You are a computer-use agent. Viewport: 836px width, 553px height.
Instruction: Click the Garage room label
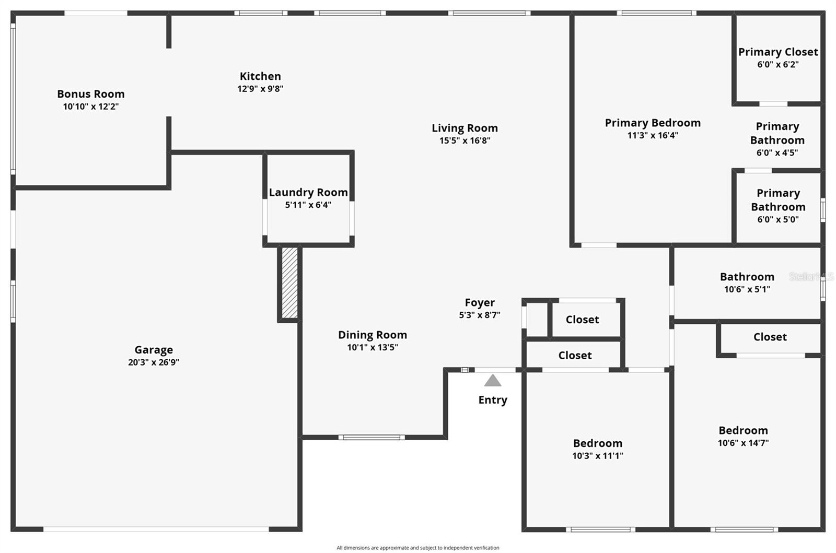click(154, 350)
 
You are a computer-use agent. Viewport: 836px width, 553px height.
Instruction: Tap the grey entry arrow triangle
click(493, 381)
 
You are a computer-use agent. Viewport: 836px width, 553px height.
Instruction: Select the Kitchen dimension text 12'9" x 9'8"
click(261, 89)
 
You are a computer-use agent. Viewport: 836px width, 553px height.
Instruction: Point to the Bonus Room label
click(91, 94)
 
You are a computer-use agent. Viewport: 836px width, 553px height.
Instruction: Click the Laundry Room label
click(308, 192)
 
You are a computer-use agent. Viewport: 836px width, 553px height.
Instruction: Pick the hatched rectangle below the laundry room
click(289, 283)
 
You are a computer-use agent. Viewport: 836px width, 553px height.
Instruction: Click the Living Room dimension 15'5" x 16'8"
click(465, 140)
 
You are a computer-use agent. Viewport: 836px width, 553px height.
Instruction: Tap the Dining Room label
click(373, 335)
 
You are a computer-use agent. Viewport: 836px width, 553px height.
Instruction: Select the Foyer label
click(480, 302)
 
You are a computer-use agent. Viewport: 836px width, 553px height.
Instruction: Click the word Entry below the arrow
click(493, 400)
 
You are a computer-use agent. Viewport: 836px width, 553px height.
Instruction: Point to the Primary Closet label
click(778, 52)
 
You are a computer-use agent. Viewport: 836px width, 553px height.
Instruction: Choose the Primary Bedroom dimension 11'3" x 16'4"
click(653, 135)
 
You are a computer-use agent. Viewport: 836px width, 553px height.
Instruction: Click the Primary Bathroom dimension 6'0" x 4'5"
click(777, 153)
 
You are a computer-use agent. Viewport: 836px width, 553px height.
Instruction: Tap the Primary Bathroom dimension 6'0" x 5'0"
click(778, 220)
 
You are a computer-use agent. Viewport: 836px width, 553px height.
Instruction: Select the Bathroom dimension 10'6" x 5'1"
click(747, 289)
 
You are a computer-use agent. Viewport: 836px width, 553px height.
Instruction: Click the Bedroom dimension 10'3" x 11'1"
click(598, 456)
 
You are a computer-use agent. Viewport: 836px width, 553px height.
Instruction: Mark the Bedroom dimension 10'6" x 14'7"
click(744, 443)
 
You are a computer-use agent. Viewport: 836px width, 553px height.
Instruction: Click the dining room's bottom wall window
click(371, 438)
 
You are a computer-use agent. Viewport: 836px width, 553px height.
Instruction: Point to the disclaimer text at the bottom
click(418, 548)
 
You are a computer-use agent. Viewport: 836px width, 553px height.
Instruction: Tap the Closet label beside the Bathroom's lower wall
click(770, 337)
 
